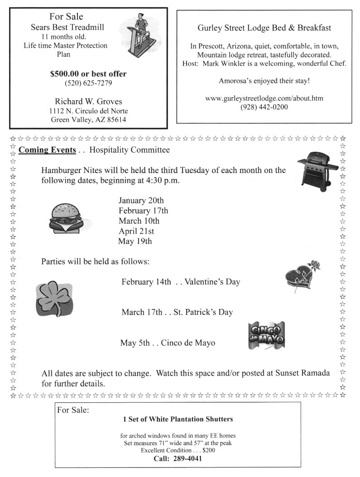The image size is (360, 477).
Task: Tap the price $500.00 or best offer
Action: [x=88, y=74]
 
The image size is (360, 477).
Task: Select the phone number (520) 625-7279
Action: [x=88, y=83]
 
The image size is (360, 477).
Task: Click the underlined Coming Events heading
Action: [x=47, y=150]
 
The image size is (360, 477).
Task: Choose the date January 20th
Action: [x=141, y=200]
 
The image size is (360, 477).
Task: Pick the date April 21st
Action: [x=136, y=231]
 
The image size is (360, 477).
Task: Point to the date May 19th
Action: [x=134, y=241]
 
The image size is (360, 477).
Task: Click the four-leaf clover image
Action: [x=54, y=299]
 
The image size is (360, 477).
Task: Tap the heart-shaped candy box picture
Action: [x=300, y=277]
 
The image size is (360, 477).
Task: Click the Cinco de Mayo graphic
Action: [x=266, y=336]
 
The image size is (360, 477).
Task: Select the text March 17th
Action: [x=142, y=312]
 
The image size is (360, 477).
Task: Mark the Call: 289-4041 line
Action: [x=177, y=458]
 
